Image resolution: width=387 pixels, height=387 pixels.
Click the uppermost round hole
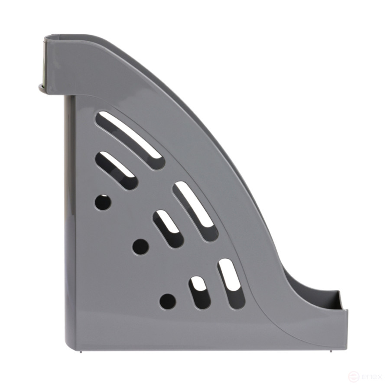pos(103,202)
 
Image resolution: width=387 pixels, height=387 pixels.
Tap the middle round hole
pos(140,247)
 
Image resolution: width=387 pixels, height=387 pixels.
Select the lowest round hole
pos(168,301)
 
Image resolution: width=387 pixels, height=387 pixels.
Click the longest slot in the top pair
pos(130,140)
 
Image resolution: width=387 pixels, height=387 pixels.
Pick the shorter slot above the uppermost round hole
pos(116,170)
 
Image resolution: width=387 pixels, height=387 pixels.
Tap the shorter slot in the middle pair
pos(168,228)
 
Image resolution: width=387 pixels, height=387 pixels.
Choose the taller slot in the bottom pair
pos(231,283)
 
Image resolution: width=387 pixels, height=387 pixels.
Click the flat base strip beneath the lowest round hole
pos(173,334)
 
